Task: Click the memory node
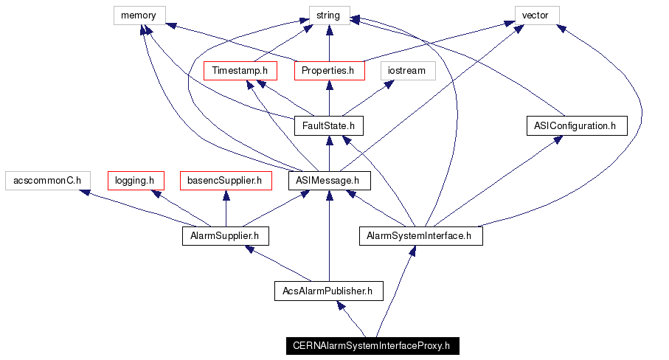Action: (x=139, y=15)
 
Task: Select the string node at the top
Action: (x=329, y=15)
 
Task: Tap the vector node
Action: (x=536, y=15)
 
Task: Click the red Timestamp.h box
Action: (x=240, y=71)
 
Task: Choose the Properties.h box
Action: (x=329, y=71)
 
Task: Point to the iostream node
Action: (x=408, y=71)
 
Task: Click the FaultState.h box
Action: (x=329, y=125)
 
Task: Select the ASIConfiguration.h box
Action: (x=576, y=125)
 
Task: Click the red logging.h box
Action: (x=135, y=181)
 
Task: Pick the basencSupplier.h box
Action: (x=225, y=181)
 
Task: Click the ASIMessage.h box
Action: (x=329, y=181)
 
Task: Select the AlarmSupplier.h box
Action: (x=225, y=236)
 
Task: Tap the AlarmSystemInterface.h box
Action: (x=420, y=236)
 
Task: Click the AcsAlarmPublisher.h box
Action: (x=329, y=291)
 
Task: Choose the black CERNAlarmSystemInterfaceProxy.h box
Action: (x=372, y=345)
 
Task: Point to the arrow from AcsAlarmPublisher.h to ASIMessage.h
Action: (x=329, y=236)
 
